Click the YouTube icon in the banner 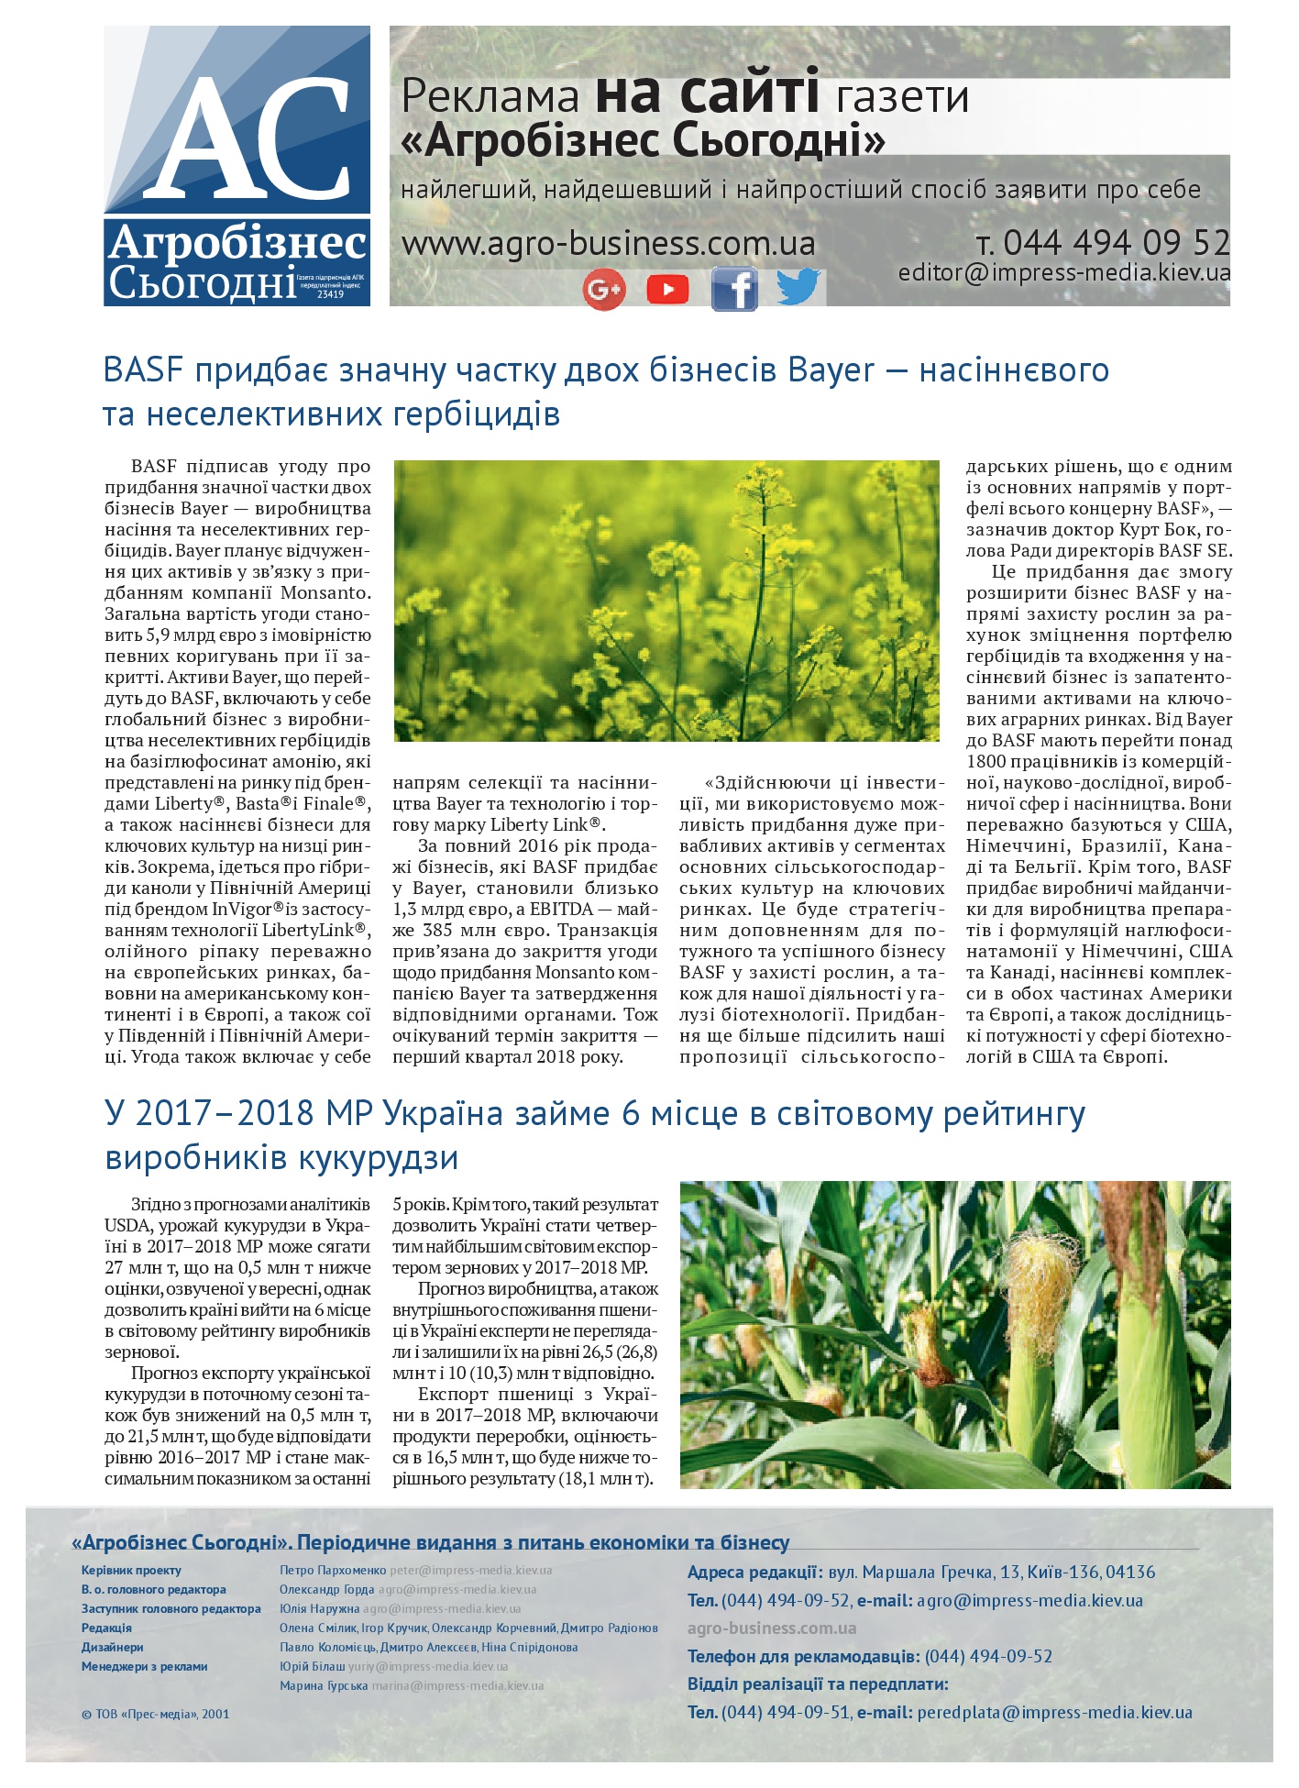pos(667,290)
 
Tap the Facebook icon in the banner pos(734,290)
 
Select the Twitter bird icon pos(798,287)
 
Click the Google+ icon pos(603,290)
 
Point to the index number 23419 pos(330,294)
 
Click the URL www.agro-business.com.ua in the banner pos(608,244)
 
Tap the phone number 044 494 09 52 pos(1116,242)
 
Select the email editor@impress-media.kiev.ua pos(1063,272)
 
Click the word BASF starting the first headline pos(144,370)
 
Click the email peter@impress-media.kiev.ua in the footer pos(470,1570)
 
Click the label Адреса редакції pos(754,1573)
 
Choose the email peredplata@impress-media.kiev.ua pos(1054,1712)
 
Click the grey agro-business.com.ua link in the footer pos(771,1628)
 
